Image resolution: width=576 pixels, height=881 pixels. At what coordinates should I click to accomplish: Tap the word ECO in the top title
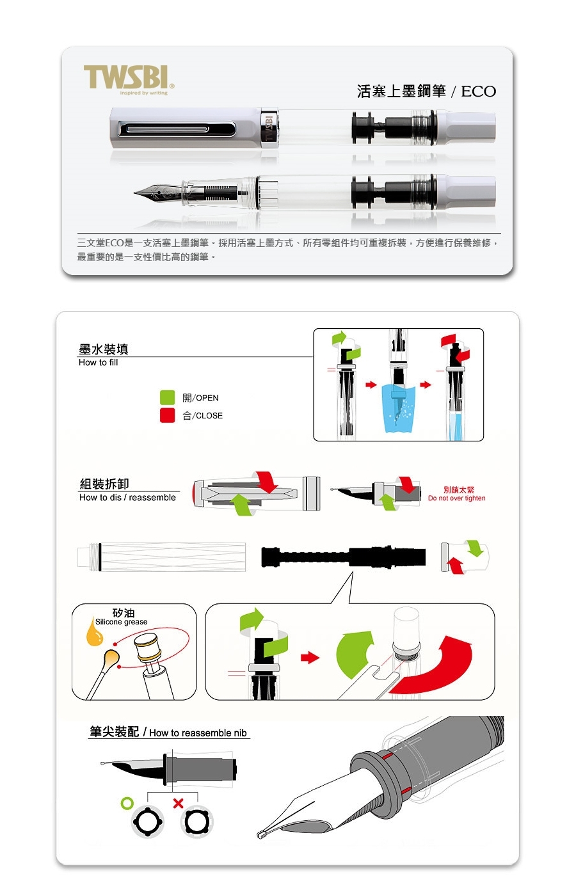pos(478,91)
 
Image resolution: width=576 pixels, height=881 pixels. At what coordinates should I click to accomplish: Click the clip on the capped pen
pos(177,129)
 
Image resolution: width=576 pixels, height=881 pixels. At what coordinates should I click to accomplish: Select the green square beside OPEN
pos(167,397)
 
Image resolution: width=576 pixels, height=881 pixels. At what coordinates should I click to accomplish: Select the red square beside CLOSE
pos(167,415)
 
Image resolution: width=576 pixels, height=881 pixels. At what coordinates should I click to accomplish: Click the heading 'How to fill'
pos(99,362)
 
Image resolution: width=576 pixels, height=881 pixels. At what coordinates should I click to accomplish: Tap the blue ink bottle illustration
pos(399,408)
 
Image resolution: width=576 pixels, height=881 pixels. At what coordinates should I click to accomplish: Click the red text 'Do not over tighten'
pos(456,498)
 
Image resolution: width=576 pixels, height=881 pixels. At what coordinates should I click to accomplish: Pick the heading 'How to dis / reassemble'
pos(127,498)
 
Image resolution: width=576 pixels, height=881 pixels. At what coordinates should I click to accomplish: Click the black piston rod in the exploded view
pos(343,557)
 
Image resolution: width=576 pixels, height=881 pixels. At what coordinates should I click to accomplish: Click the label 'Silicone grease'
pos(121,622)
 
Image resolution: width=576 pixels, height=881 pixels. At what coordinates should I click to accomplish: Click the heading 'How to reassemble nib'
pos(198,733)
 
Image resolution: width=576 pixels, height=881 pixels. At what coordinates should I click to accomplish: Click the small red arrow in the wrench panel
pos(310,657)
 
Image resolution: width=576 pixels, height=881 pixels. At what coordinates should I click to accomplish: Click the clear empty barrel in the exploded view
pos(161,557)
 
